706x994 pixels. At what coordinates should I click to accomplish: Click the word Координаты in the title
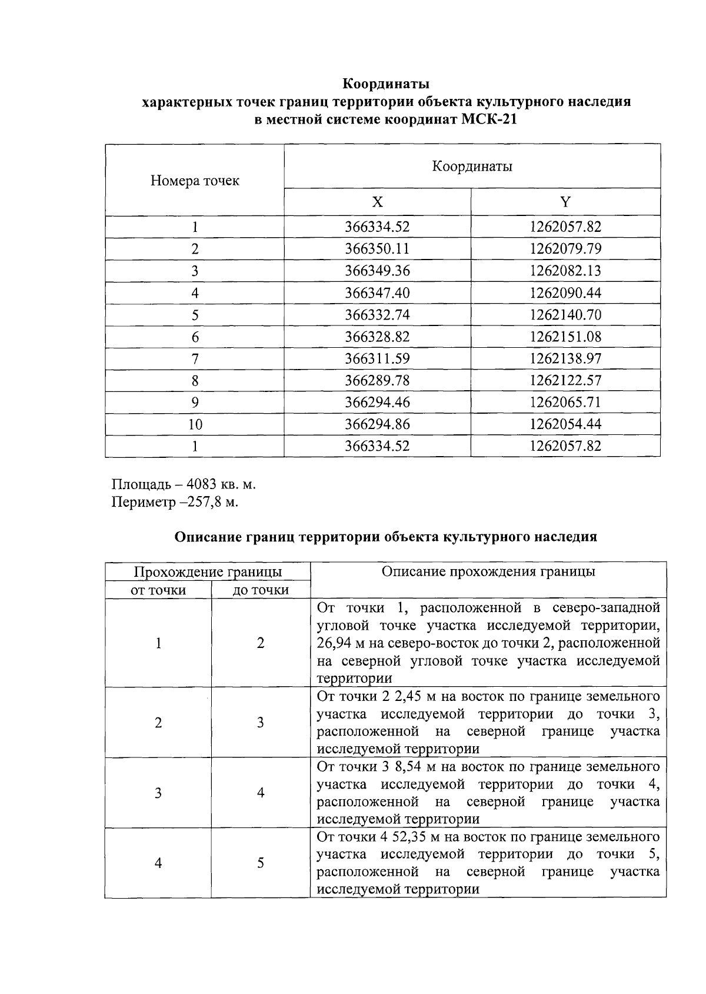click(x=386, y=83)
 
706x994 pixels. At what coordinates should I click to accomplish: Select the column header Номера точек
click(x=195, y=180)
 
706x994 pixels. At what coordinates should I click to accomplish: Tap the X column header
click(x=377, y=202)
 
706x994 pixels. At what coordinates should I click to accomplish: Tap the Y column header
click(x=565, y=202)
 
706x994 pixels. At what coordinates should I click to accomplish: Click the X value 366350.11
click(x=377, y=248)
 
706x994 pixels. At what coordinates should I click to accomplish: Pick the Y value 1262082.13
click(x=565, y=271)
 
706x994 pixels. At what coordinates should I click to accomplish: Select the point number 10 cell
click(x=195, y=424)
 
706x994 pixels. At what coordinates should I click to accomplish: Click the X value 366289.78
click(x=377, y=381)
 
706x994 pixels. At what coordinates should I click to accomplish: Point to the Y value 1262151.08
click(x=565, y=337)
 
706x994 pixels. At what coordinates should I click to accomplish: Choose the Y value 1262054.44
click(x=565, y=424)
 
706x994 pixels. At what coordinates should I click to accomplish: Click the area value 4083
click(x=202, y=484)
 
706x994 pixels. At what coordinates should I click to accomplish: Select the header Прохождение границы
click(x=208, y=572)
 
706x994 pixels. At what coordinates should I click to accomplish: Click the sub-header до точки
click(x=261, y=590)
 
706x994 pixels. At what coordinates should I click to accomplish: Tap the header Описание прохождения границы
click(x=488, y=571)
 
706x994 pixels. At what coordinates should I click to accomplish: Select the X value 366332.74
click(x=377, y=315)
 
